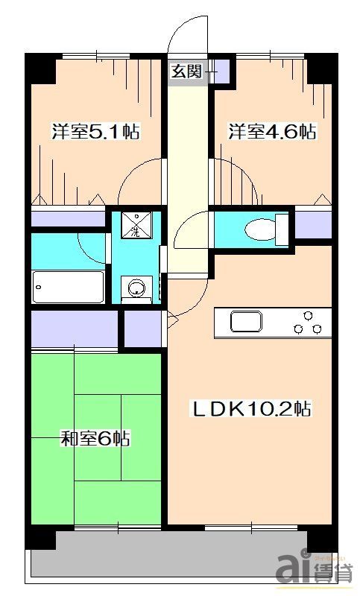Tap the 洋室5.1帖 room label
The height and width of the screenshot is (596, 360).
coord(96,133)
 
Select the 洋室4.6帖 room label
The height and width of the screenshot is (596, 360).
coord(273,133)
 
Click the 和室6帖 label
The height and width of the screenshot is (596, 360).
coord(95,439)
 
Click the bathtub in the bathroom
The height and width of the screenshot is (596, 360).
coord(68,287)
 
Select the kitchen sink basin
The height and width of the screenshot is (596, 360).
coord(246,322)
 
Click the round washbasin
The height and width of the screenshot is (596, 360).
coord(136,288)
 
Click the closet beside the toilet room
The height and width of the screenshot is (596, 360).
coord(314,223)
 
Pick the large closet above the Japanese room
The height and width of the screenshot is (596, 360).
coord(75,329)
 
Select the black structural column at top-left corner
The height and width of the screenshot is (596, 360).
coord(41,70)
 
